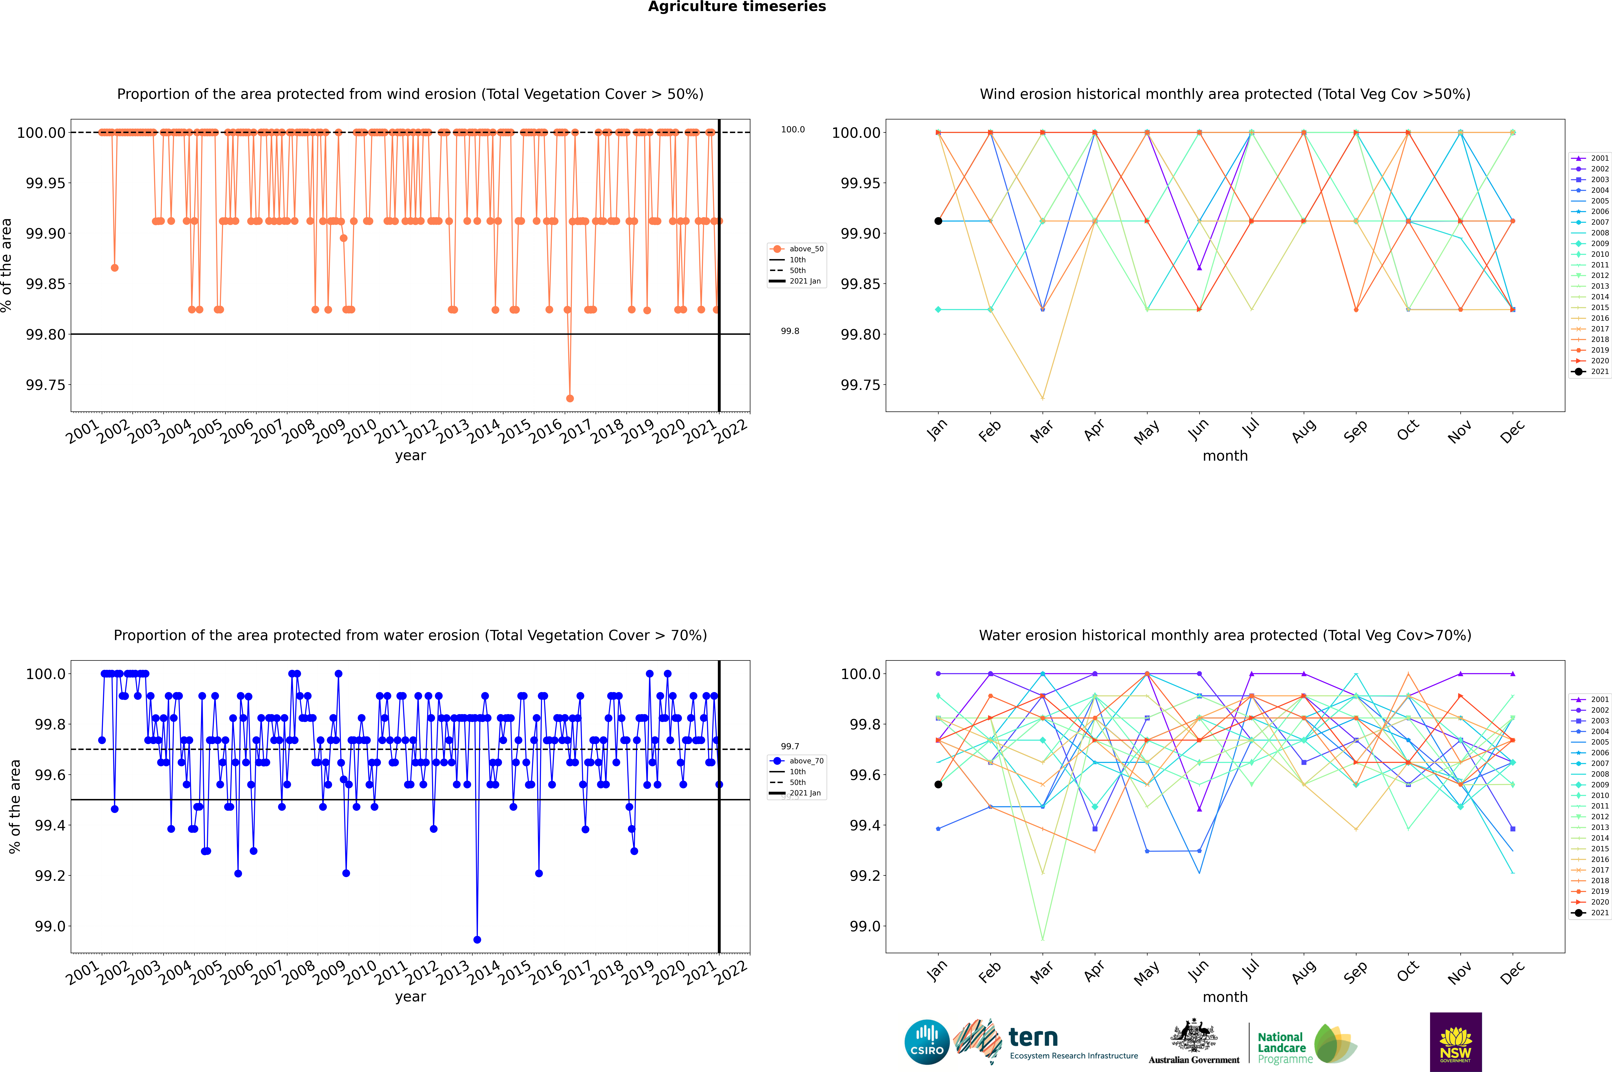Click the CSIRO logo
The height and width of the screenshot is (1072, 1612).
[x=927, y=1042]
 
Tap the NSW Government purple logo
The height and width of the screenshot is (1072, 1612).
[x=1455, y=1042]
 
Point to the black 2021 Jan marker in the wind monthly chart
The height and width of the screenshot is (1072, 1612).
[x=938, y=221]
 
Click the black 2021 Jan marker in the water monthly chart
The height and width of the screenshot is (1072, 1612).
[x=938, y=784]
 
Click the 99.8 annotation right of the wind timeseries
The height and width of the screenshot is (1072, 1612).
[x=790, y=331]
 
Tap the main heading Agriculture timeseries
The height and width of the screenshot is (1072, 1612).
[x=737, y=7]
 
